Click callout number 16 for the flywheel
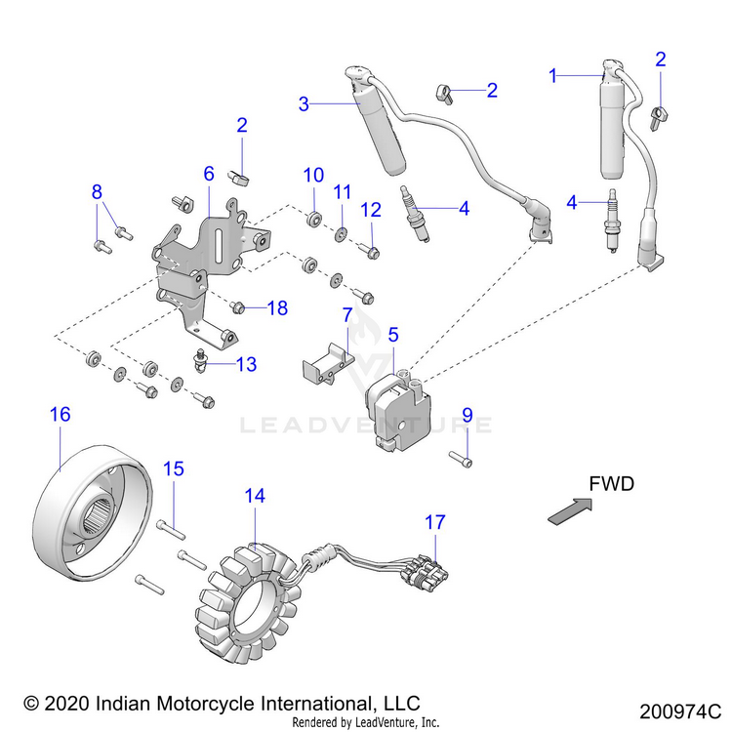(61, 414)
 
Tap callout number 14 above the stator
(255, 496)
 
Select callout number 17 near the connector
(435, 522)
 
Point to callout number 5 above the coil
(393, 335)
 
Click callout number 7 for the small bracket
(347, 315)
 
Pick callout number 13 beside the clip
(247, 364)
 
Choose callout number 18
(277, 308)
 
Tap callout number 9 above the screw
(468, 415)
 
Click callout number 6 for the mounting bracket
(209, 174)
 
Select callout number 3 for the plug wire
(304, 103)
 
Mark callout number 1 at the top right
(553, 75)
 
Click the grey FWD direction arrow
(570, 511)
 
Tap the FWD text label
(612, 484)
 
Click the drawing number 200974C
(680, 712)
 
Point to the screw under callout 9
(461, 459)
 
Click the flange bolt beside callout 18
(237, 307)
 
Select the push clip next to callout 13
(201, 361)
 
